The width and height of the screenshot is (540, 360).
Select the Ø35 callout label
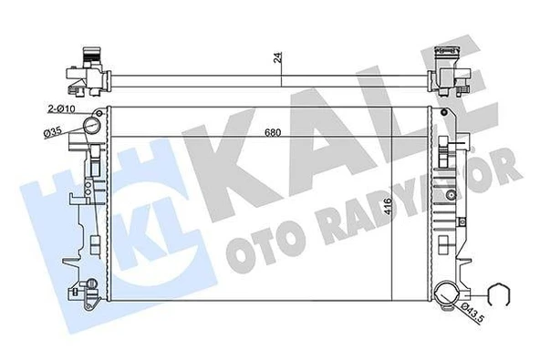click(52, 135)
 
